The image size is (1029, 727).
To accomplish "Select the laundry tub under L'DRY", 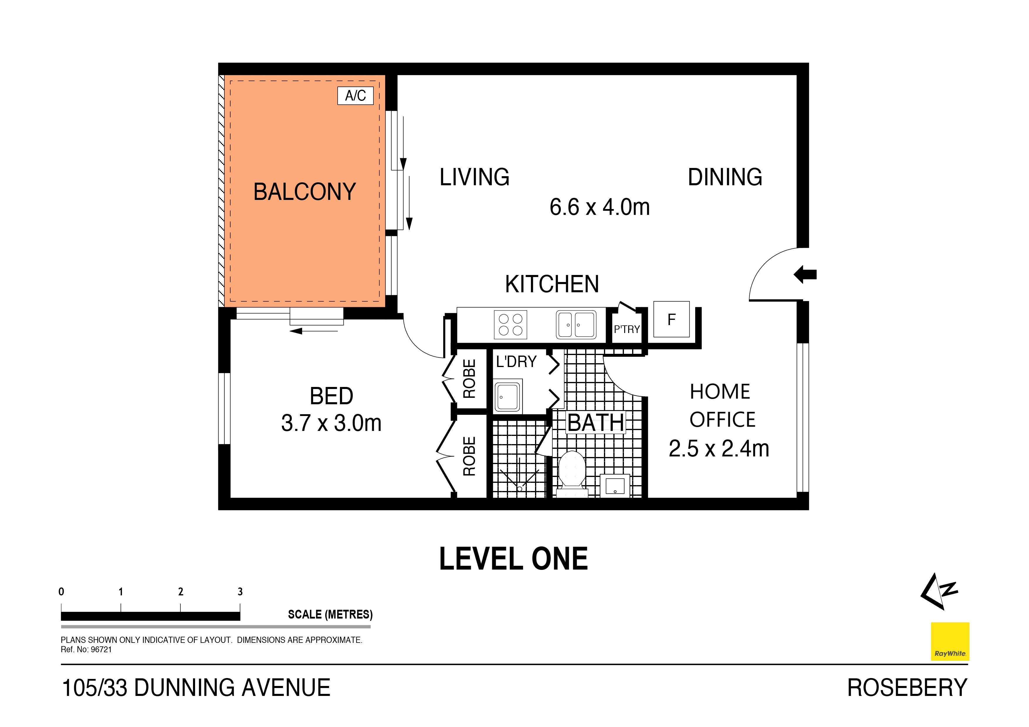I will click(x=508, y=396).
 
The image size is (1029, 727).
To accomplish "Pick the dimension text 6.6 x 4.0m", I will click(x=599, y=207).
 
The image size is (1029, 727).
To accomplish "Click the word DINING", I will click(x=725, y=177).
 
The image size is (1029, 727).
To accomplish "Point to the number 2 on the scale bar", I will click(x=181, y=592).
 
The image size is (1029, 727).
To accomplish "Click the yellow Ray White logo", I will click(x=950, y=641).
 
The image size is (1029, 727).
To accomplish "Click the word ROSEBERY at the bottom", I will click(x=907, y=688).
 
